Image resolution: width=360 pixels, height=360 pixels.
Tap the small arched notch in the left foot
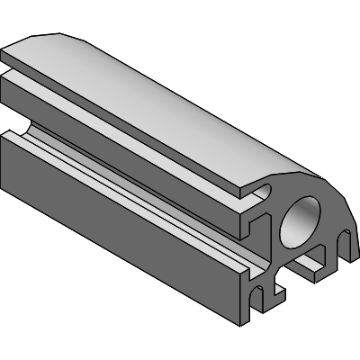pos(260,294)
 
